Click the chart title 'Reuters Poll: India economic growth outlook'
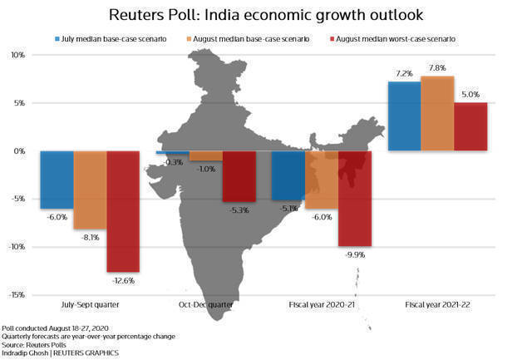coord(266,14)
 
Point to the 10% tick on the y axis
coord(17,55)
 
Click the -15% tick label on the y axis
coord(16,295)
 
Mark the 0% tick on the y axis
coord(19,151)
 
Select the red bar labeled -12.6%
coord(122,211)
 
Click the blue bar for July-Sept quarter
coord(57,180)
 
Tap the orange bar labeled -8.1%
coord(90,190)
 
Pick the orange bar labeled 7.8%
coord(437,113)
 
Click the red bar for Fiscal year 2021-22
coord(470,126)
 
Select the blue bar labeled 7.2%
coord(405,116)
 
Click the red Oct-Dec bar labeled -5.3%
coord(239,176)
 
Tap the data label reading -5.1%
coord(289,209)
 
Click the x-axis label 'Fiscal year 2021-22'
coord(438,305)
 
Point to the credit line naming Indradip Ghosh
coord(60,353)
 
